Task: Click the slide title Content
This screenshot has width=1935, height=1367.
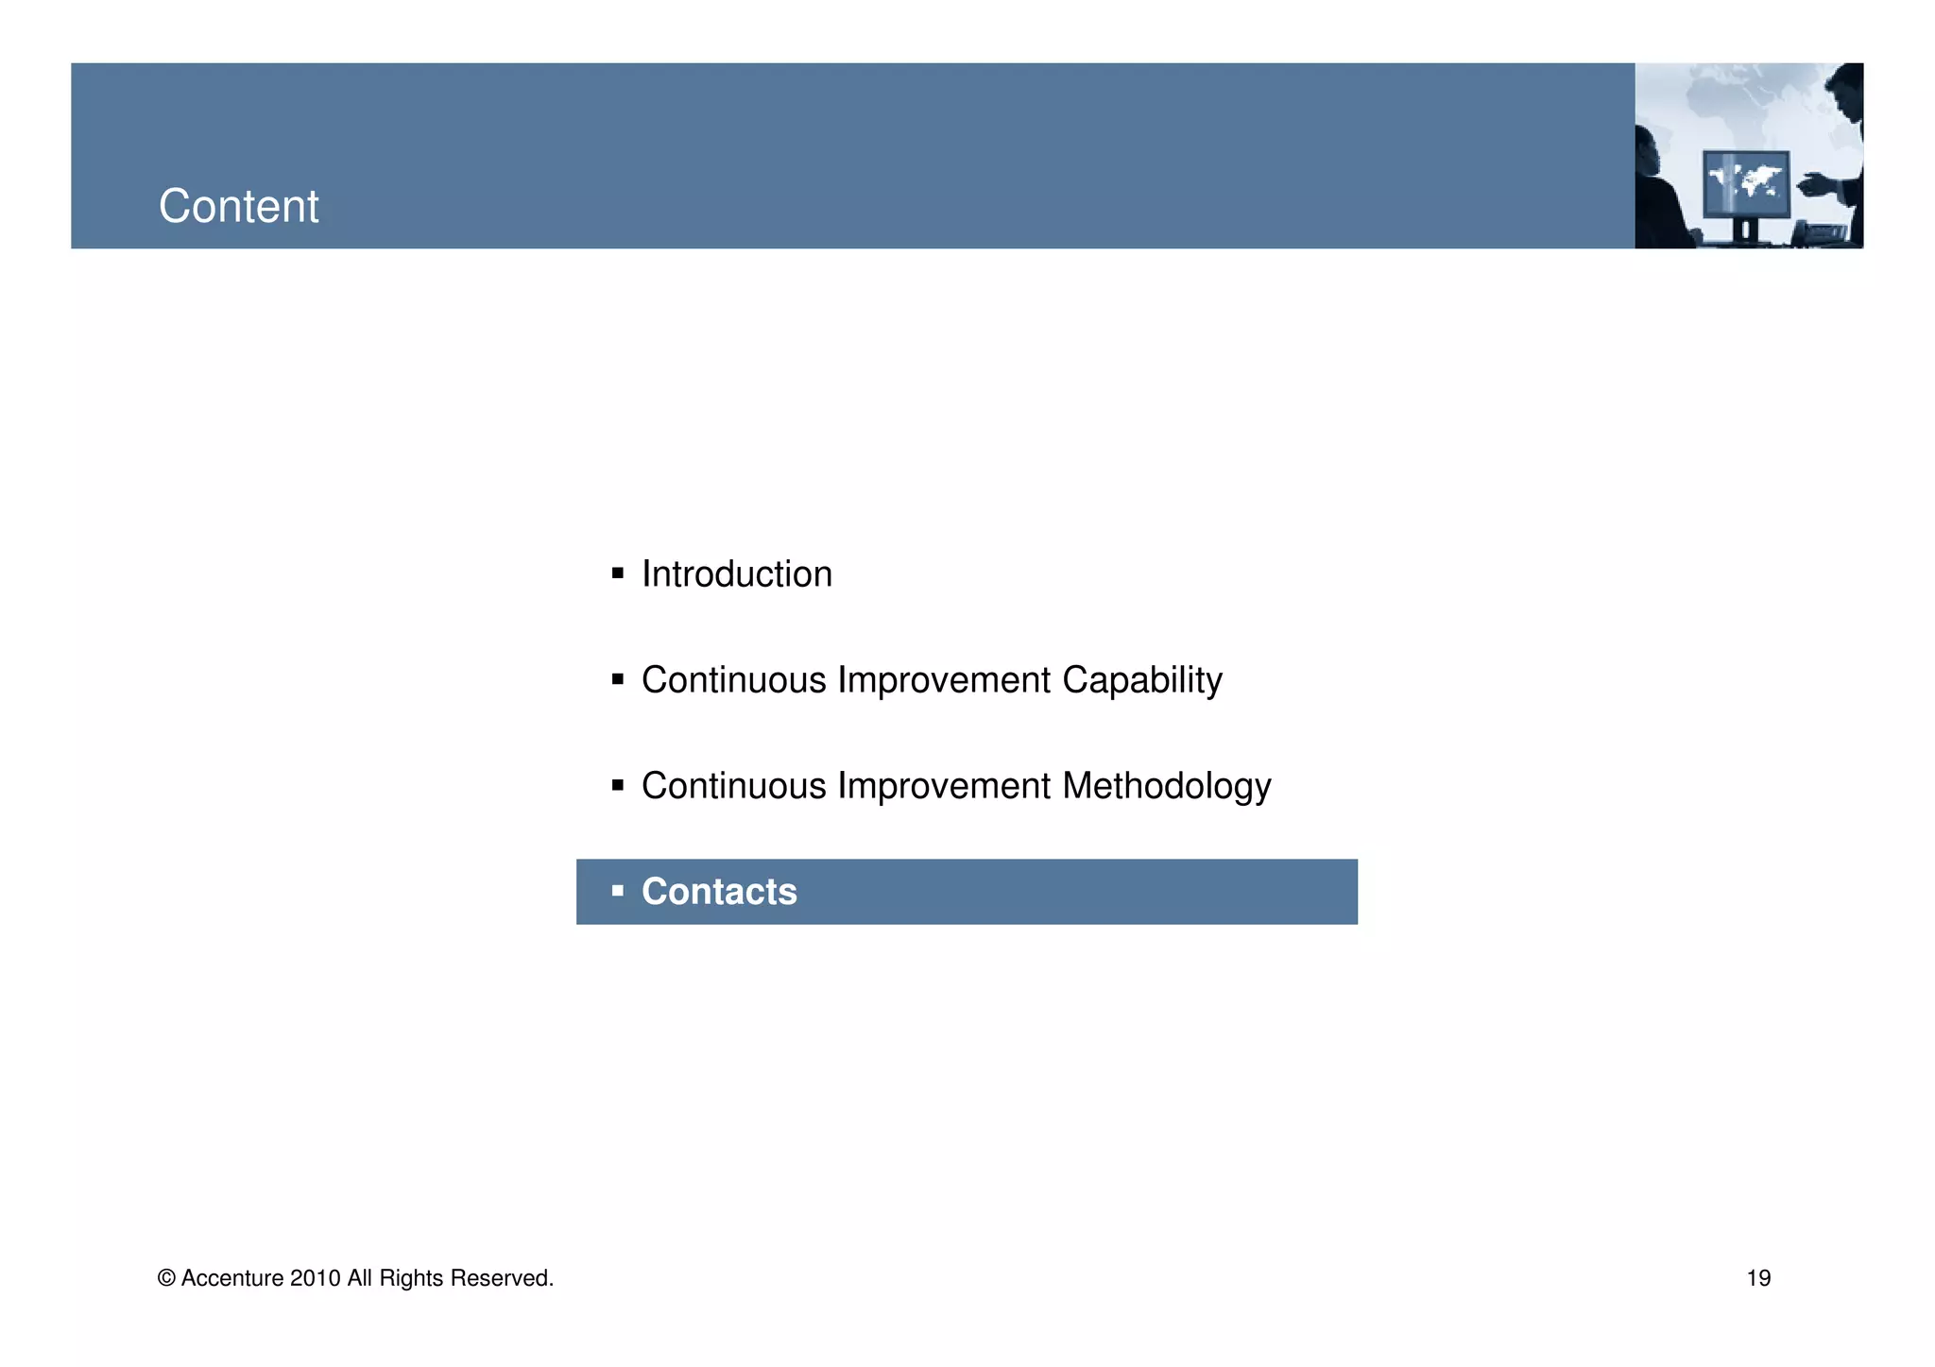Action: (x=238, y=206)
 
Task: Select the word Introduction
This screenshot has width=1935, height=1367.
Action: (x=736, y=574)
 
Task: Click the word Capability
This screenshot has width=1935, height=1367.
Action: (x=1141, y=680)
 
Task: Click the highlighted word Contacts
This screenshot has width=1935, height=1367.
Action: (x=719, y=892)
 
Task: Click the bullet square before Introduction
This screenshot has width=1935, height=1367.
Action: (x=618, y=573)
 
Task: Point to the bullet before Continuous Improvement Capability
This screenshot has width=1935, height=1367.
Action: (x=618, y=679)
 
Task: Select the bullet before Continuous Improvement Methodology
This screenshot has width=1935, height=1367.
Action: (x=618, y=785)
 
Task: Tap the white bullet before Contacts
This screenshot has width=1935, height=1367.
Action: (x=618, y=891)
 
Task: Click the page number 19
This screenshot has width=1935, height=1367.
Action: (x=1758, y=1278)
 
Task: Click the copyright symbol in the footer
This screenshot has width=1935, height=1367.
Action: (x=166, y=1278)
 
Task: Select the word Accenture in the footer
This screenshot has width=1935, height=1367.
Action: (x=231, y=1278)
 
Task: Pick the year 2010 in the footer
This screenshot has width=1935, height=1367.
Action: (x=315, y=1278)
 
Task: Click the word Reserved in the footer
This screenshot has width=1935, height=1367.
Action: (x=501, y=1278)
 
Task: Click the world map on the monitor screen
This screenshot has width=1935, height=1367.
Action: (x=1747, y=179)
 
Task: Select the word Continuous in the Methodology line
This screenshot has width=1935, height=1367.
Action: (x=733, y=786)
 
